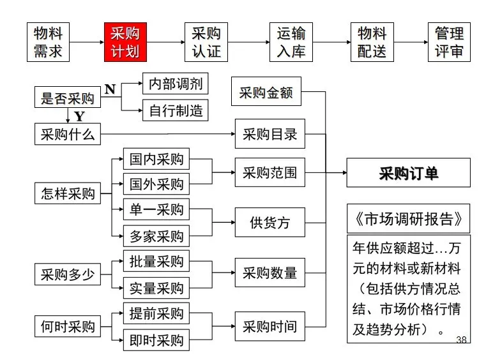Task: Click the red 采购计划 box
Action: pos(125,42)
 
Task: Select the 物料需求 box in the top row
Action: pos(48,42)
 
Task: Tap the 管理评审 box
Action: pos(449,42)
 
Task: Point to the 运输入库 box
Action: pos(291,42)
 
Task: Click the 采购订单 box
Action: pos(408,172)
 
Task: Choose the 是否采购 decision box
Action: pos(67,98)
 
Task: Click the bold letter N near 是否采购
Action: pos(110,89)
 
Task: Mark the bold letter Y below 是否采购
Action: pos(79,117)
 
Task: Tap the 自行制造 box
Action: pos(175,110)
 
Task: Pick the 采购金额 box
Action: pos(266,93)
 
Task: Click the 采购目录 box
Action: pos(270,134)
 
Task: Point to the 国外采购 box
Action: pos(156,184)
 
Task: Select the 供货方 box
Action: pos(270,223)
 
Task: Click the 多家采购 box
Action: pos(156,236)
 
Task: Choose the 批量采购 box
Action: pos(156,262)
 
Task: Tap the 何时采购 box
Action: pos(67,326)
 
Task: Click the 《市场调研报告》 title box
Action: pos(408,219)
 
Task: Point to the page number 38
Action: pos(462,341)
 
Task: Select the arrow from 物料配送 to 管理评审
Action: pos(411,42)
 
